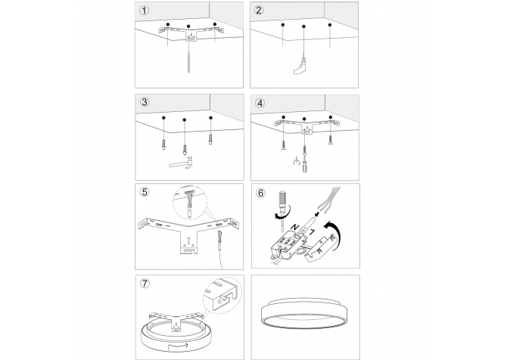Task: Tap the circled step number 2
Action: (x=260, y=11)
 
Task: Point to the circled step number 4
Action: (x=260, y=102)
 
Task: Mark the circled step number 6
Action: (x=260, y=193)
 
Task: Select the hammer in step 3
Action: (x=182, y=163)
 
